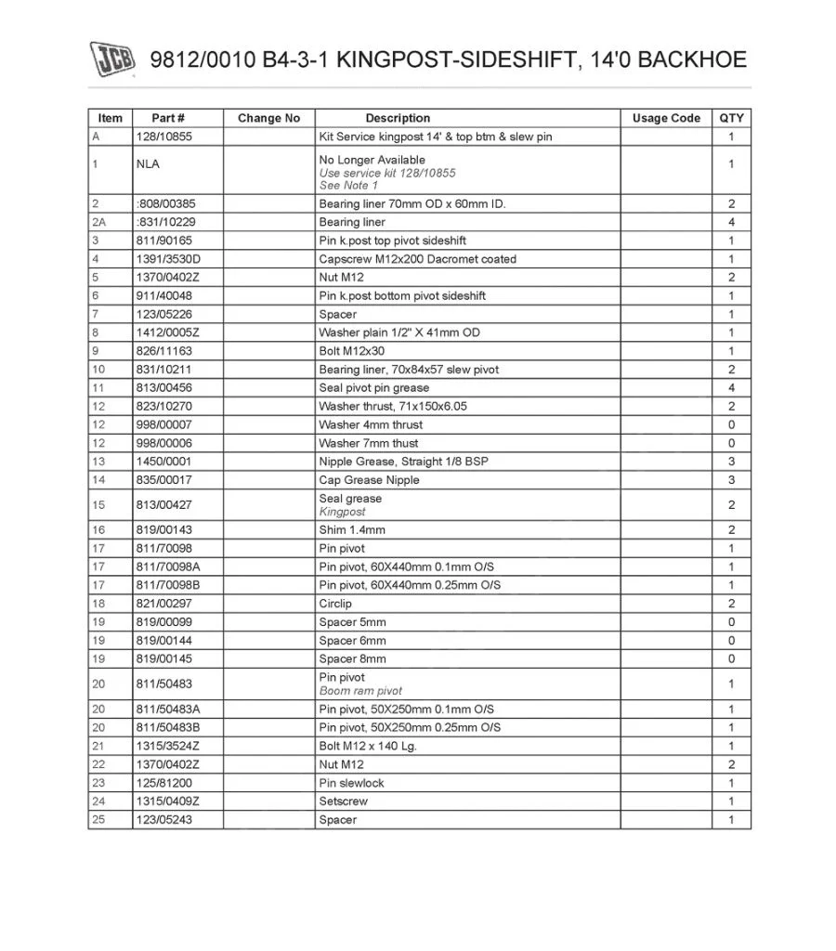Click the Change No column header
point(268,118)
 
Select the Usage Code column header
point(666,118)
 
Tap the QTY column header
point(731,118)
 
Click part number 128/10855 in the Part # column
point(163,137)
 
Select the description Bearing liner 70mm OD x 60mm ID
point(411,203)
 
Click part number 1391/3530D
point(167,259)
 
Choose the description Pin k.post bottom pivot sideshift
point(402,295)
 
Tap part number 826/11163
point(163,351)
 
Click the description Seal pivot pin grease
point(373,387)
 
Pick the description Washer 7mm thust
point(369,443)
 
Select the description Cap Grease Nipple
point(369,480)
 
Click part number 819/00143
point(163,530)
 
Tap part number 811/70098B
point(167,585)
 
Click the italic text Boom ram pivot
point(360,691)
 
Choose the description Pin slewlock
point(351,783)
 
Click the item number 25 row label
point(97,820)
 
